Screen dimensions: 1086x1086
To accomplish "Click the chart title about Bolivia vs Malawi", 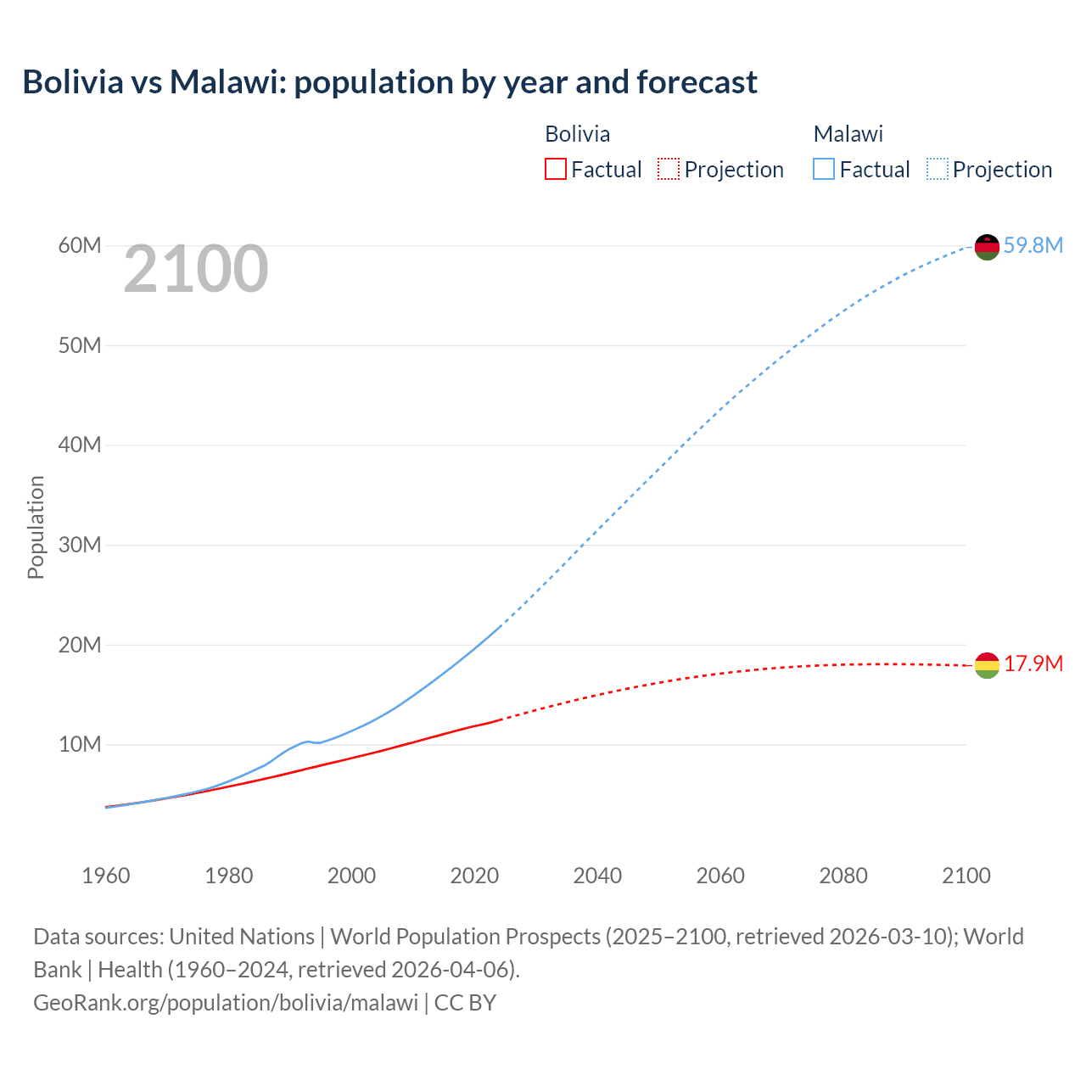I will coord(389,82).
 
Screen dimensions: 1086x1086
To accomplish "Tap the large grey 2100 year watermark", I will coord(196,269).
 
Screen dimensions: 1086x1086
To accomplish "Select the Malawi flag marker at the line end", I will coord(987,246).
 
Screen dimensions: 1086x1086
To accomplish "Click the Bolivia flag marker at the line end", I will coord(987,665).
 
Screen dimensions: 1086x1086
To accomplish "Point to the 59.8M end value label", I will coord(1033,245).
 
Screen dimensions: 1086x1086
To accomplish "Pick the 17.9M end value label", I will coord(1033,663).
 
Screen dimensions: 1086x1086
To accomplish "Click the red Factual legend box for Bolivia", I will coord(555,170).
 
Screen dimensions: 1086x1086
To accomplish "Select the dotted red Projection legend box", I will coord(669,170).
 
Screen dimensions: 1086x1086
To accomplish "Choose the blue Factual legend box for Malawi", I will coord(823,170).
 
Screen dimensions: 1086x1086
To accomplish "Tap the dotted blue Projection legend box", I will coord(937,170).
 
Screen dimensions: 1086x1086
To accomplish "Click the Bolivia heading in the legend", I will coord(577,134).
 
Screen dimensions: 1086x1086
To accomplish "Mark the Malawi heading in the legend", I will coord(848,134).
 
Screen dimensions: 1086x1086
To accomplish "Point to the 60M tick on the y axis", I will coord(80,245).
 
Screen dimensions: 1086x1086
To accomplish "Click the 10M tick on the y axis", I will coord(80,744).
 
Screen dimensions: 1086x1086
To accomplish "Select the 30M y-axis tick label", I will coord(80,545).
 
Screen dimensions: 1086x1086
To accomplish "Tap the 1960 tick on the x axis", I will coord(106,876).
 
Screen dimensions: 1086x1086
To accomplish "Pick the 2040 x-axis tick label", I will coord(597,876).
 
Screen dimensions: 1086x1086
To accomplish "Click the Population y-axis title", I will coord(36,527).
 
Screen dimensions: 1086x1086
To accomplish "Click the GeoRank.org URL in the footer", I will coord(226,1002).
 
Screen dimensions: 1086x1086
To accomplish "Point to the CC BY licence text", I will coord(465,1002).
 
